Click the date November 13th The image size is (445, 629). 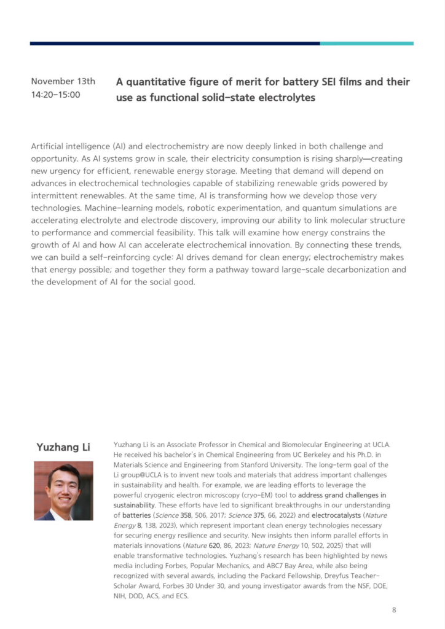pos(63,82)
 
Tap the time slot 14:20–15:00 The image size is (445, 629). pos(55,95)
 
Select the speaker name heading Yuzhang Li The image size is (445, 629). pos(63,447)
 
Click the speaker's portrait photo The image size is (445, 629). pos(63,490)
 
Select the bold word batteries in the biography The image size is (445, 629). pos(136,515)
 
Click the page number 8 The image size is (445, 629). pos(394,610)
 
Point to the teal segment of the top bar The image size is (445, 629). pos(366,44)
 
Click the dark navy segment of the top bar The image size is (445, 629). pos(175,44)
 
